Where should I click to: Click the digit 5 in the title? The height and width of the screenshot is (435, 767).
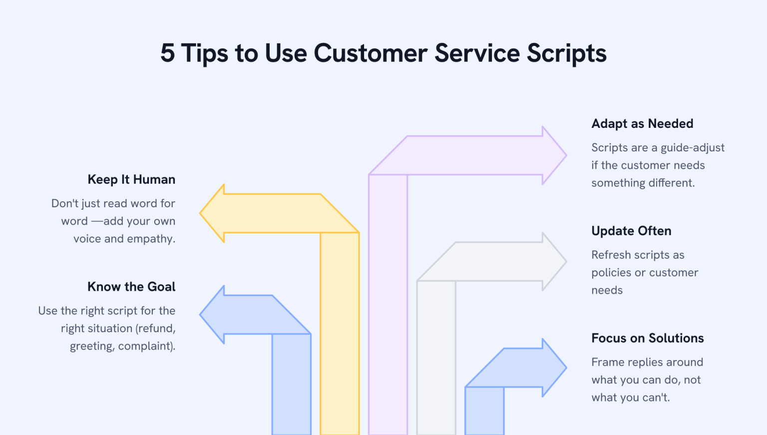pyautogui.click(x=168, y=53)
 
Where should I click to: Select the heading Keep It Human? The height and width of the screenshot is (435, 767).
pyautogui.click(x=131, y=179)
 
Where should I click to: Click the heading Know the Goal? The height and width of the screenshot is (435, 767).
pyautogui.click(x=131, y=287)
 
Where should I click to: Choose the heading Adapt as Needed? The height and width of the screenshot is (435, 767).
pyautogui.click(x=642, y=123)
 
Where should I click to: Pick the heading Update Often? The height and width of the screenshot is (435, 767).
pyautogui.click(x=631, y=231)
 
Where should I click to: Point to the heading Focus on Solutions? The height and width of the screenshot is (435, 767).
pyautogui.click(x=647, y=338)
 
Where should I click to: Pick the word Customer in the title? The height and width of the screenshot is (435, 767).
pyautogui.click(x=371, y=53)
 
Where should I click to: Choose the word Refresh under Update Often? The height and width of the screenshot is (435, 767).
pyautogui.click(x=611, y=255)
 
